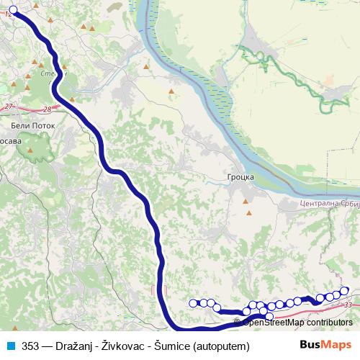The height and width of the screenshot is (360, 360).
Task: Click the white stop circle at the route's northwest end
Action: (x=13, y=10)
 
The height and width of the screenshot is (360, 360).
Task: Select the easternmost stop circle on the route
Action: (x=344, y=291)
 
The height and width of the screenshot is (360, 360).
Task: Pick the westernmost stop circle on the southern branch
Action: (x=192, y=303)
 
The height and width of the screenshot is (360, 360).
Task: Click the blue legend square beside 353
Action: (x=11, y=346)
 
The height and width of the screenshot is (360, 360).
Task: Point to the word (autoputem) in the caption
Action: (x=222, y=346)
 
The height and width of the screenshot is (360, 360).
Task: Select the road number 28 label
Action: (x=48, y=109)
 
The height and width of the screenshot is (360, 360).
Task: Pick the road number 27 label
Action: (x=9, y=107)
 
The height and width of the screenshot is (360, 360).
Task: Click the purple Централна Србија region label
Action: (x=328, y=204)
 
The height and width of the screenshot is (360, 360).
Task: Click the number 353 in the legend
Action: (x=30, y=346)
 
